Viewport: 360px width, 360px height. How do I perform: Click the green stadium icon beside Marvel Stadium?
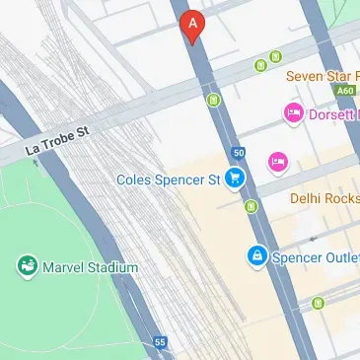pos(27,266)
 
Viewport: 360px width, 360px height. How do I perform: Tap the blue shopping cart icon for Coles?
pos(235,179)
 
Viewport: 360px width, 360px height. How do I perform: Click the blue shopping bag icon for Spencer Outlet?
pos(256,256)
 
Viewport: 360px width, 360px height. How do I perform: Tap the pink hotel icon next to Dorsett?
pos(293,114)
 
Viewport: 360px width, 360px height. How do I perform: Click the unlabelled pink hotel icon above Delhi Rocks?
pos(278,160)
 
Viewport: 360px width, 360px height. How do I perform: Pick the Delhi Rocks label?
pos(324,198)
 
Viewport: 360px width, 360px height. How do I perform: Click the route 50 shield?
pos(239,152)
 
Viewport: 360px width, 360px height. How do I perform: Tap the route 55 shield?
pos(160,341)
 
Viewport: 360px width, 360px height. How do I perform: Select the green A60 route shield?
pos(344,90)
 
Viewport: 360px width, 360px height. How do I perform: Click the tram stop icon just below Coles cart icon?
pos(251,206)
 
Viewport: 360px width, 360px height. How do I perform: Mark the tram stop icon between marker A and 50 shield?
pos(212,100)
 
